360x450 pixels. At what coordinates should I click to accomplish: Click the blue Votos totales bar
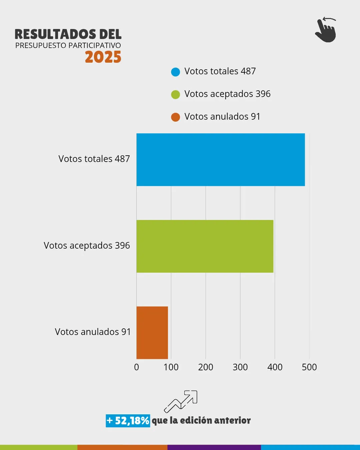[220, 160]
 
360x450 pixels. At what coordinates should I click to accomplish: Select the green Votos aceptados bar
[205, 246]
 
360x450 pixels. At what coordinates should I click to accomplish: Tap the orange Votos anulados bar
[152, 332]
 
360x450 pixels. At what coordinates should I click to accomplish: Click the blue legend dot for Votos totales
[175, 72]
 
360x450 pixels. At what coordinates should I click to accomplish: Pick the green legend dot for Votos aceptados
[175, 94]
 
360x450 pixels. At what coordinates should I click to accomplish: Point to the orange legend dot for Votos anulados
[175, 117]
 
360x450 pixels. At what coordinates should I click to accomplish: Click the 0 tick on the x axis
[136, 367]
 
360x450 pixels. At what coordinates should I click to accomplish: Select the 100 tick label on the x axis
[171, 367]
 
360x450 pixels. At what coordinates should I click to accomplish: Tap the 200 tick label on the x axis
[205, 367]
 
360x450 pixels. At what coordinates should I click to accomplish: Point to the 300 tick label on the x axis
[240, 367]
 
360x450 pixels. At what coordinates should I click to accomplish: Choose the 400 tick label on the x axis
[275, 367]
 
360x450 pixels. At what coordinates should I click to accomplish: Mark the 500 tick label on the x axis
[309, 367]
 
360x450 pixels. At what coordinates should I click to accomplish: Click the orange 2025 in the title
[103, 57]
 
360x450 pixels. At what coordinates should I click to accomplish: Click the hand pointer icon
[326, 30]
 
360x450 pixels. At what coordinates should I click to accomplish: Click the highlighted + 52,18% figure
[128, 421]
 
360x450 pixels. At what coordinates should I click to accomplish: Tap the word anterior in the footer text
[232, 421]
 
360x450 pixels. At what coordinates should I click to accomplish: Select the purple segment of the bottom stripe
[214, 447]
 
